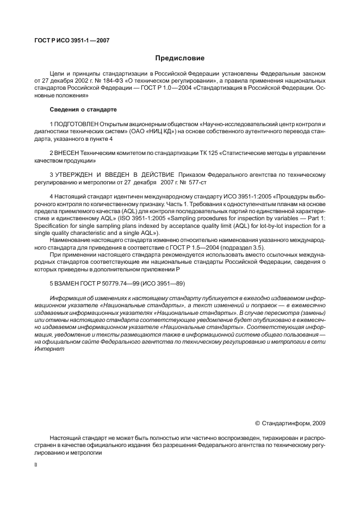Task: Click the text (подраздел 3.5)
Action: (x=225, y=246)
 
